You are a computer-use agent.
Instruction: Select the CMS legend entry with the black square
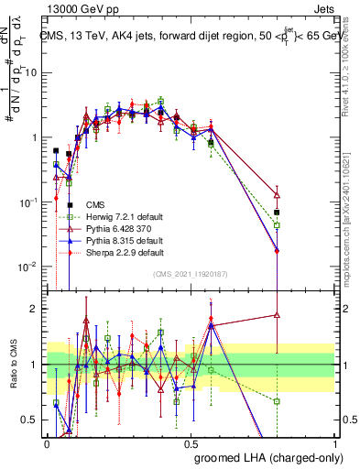point(94,204)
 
